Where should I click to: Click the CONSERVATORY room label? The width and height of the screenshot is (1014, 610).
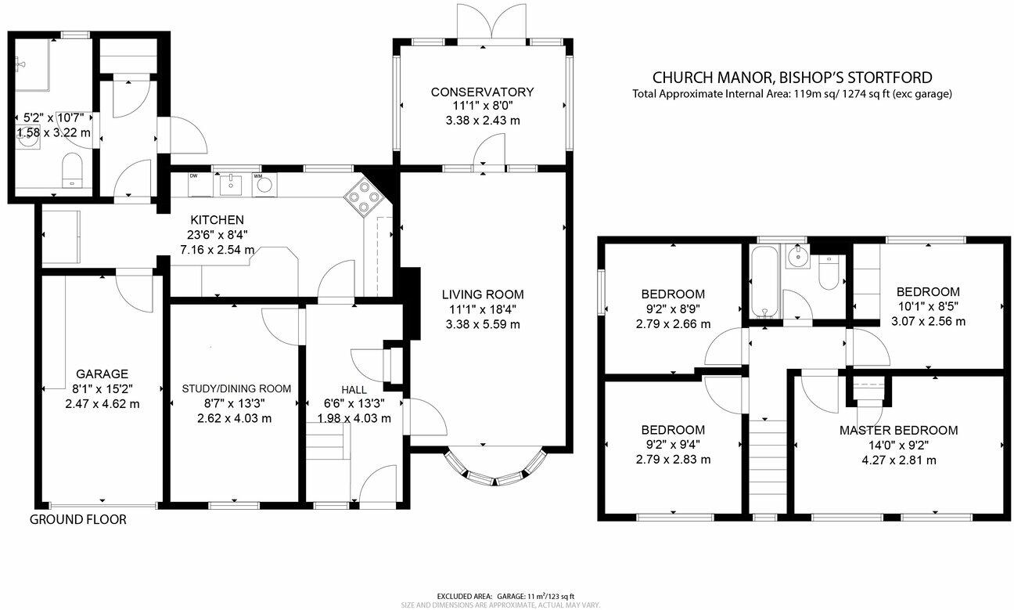point(482,92)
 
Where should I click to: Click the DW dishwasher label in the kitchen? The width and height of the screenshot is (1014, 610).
point(194,176)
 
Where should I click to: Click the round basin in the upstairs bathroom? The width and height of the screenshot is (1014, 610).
point(799,257)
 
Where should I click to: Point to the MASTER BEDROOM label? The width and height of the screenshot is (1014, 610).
point(898,430)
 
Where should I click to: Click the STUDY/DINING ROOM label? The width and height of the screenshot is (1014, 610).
point(236,388)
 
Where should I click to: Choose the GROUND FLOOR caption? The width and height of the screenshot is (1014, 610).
point(77,519)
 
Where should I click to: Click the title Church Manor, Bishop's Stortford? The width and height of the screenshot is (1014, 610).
point(793,77)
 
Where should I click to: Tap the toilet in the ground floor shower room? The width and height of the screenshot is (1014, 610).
point(71,168)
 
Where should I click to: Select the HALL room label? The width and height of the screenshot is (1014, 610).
point(354,389)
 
